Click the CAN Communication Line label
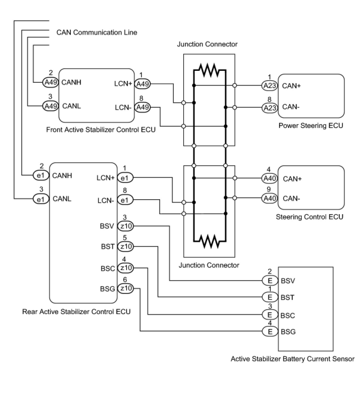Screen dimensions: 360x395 (97, 32)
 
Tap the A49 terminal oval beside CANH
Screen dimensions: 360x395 (51, 82)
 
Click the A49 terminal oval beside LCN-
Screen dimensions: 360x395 (142, 107)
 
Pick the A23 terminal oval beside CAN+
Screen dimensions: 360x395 (270, 86)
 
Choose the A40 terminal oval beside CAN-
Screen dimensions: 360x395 (270, 198)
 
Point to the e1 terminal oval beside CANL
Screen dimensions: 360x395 (41, 199)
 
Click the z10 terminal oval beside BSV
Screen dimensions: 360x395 (126, 226)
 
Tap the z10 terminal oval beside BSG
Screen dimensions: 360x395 (126, 289)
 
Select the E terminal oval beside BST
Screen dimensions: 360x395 (270, 297)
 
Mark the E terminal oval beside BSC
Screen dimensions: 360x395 (270, 315)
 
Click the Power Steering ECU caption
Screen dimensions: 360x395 (311, 126)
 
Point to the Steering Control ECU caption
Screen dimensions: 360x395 (309, 217)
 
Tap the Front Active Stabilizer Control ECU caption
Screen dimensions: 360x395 (101, 130)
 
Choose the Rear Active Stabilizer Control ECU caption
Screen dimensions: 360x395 (76, 312)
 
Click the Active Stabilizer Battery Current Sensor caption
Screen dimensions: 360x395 (292, 359)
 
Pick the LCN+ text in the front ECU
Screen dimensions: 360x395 (123, 84)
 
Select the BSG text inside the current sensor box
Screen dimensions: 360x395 (288, 332)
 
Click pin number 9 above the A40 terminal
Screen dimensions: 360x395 (269, 189)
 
